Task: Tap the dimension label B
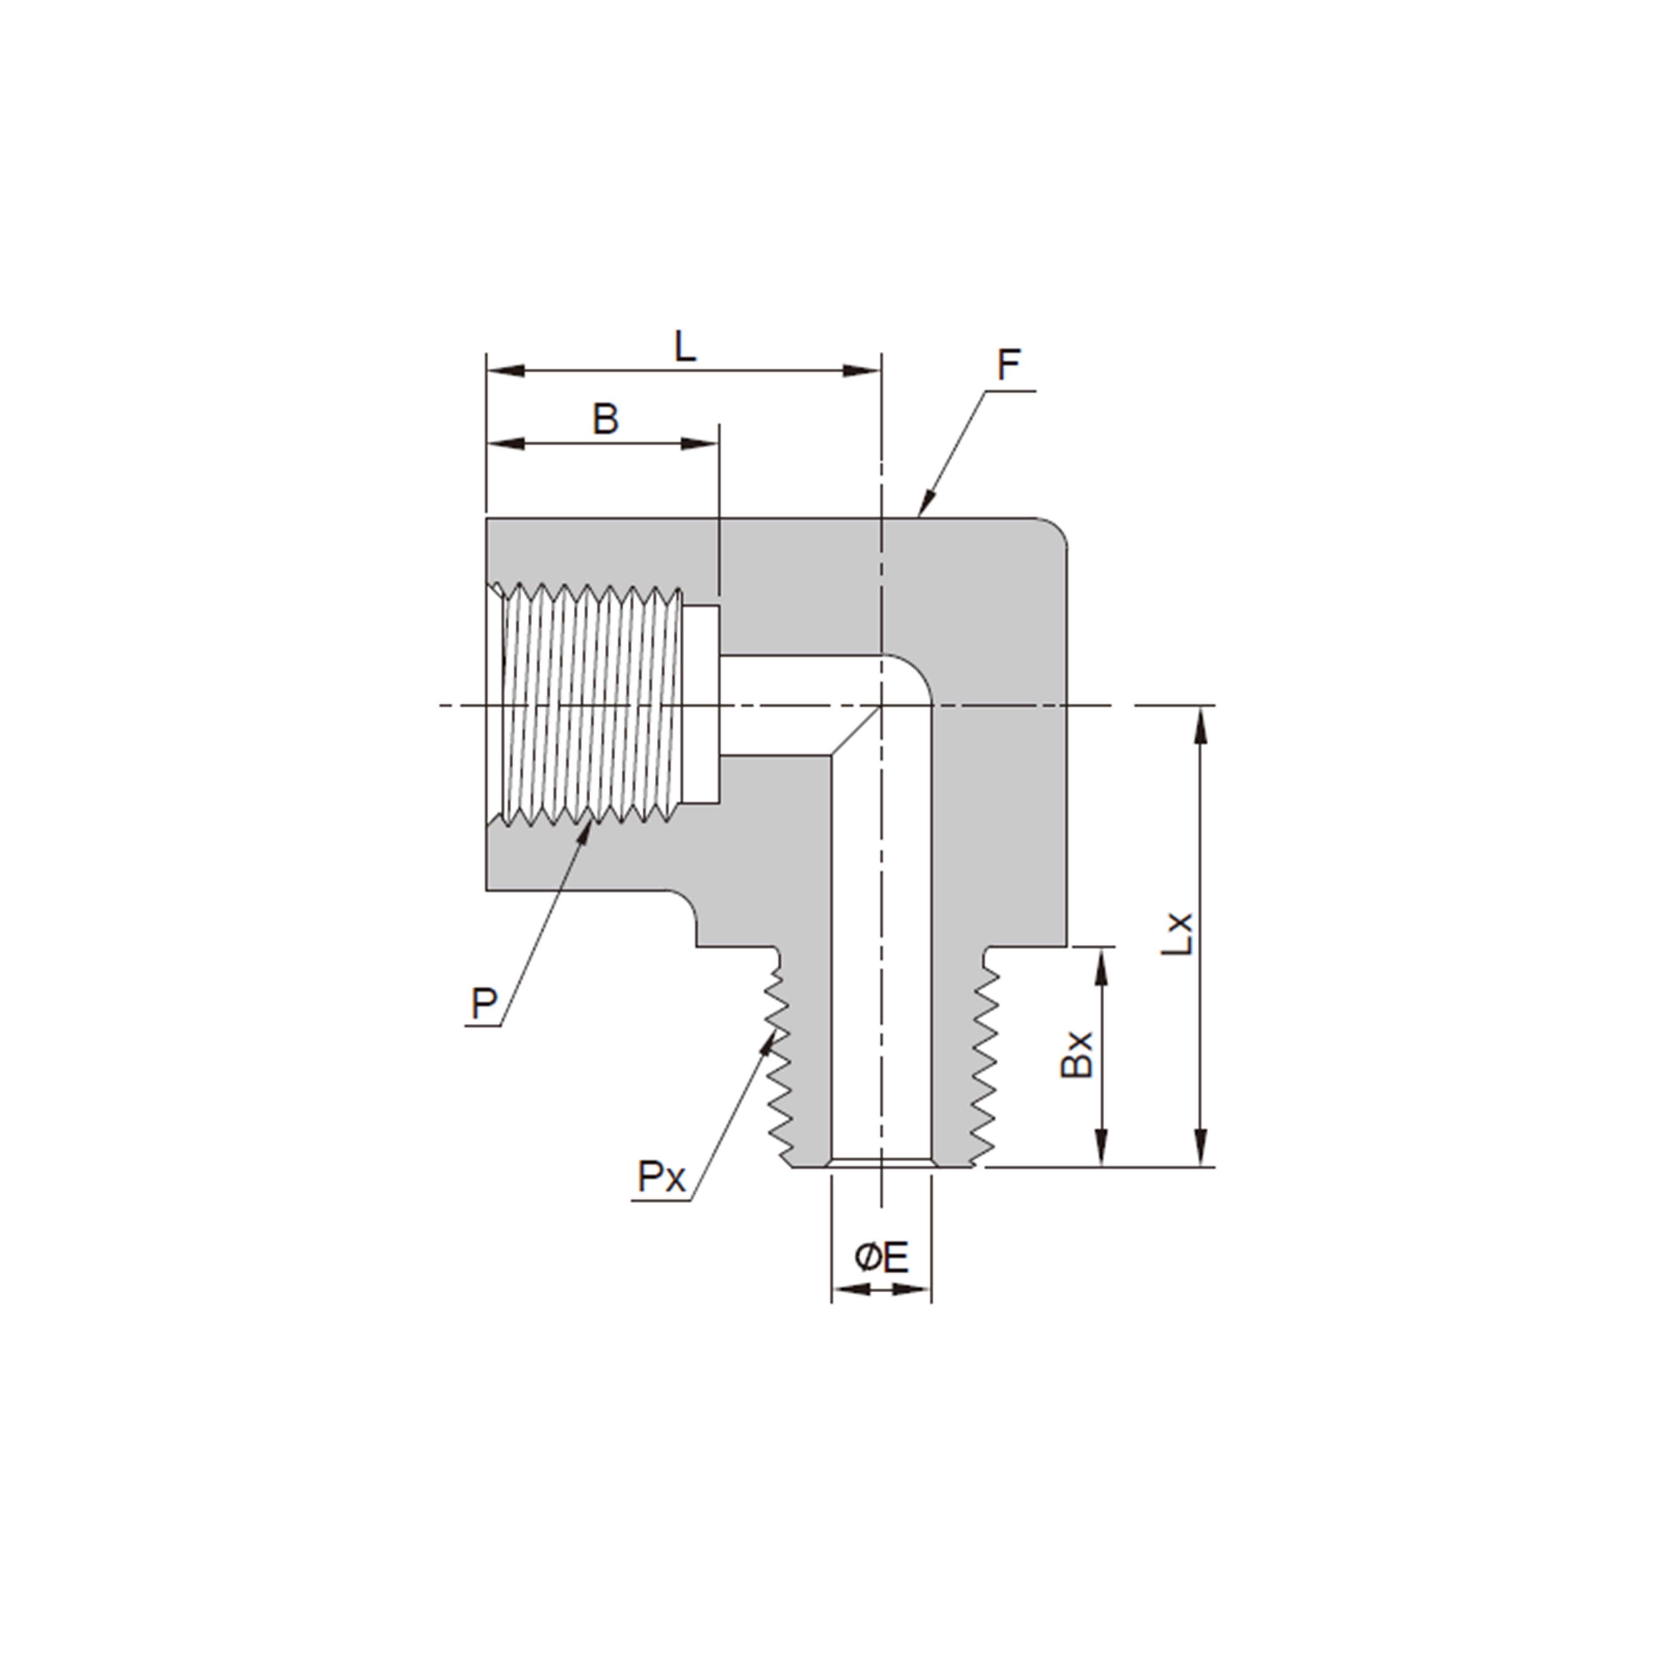pyautogui.click(x=605, y=419)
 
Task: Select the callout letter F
pyautogui.click(x=1008, y=365)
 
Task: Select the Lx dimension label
pyautogui.click(x=1178, y=934)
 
